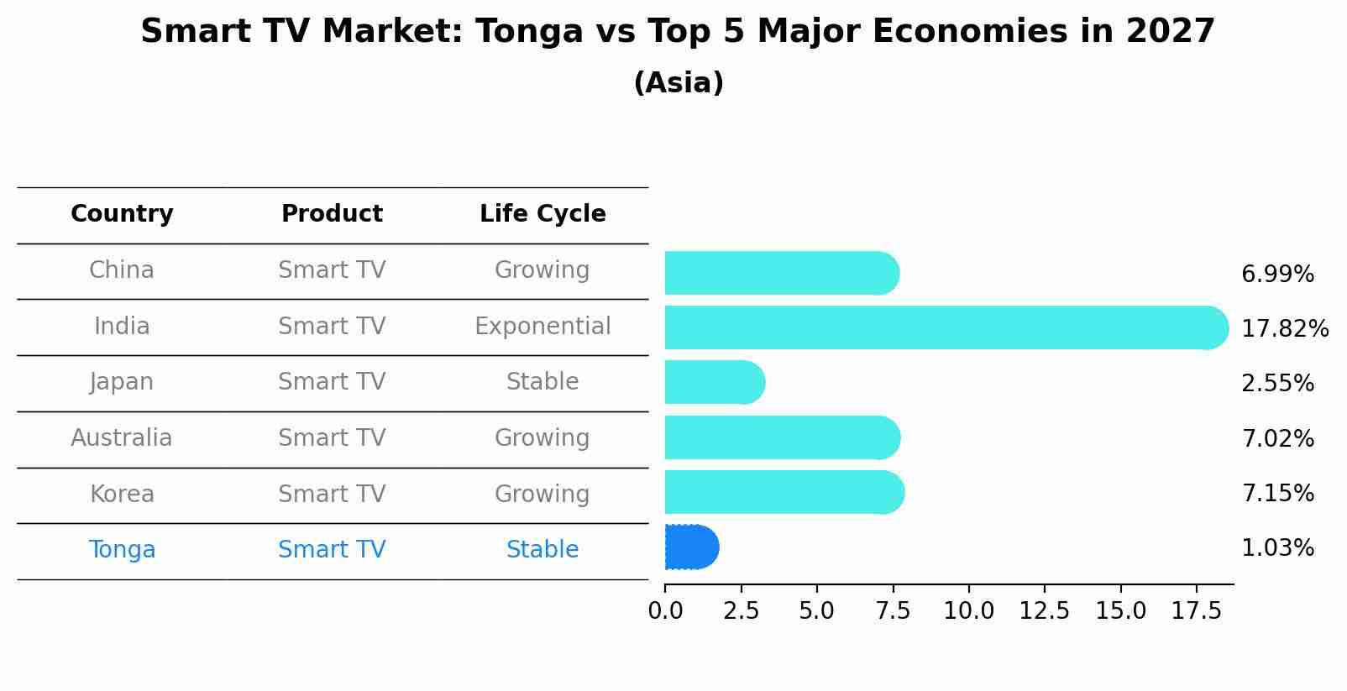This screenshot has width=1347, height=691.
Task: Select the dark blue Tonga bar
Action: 691,547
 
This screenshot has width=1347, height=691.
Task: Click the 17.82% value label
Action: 1284,328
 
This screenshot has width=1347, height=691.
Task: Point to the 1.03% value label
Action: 1277,548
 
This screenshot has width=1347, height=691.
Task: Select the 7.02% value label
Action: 1277,438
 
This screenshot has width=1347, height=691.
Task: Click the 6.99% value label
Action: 1277,274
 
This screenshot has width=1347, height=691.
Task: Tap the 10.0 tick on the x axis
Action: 968,611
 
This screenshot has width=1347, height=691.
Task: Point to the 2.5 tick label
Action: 741,611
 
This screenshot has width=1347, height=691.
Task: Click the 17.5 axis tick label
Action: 1196,611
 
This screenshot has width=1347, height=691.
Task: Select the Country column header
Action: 122,214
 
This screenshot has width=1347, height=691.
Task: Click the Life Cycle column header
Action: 542,214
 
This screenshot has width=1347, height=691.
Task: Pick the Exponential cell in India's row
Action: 542,326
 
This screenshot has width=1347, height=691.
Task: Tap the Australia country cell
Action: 122,437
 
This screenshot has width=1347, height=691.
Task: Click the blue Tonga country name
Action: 122,549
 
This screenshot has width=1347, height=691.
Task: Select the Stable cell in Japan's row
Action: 542,382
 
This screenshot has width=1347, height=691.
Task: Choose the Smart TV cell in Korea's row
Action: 332,494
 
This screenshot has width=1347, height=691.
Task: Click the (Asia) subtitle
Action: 679,83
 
